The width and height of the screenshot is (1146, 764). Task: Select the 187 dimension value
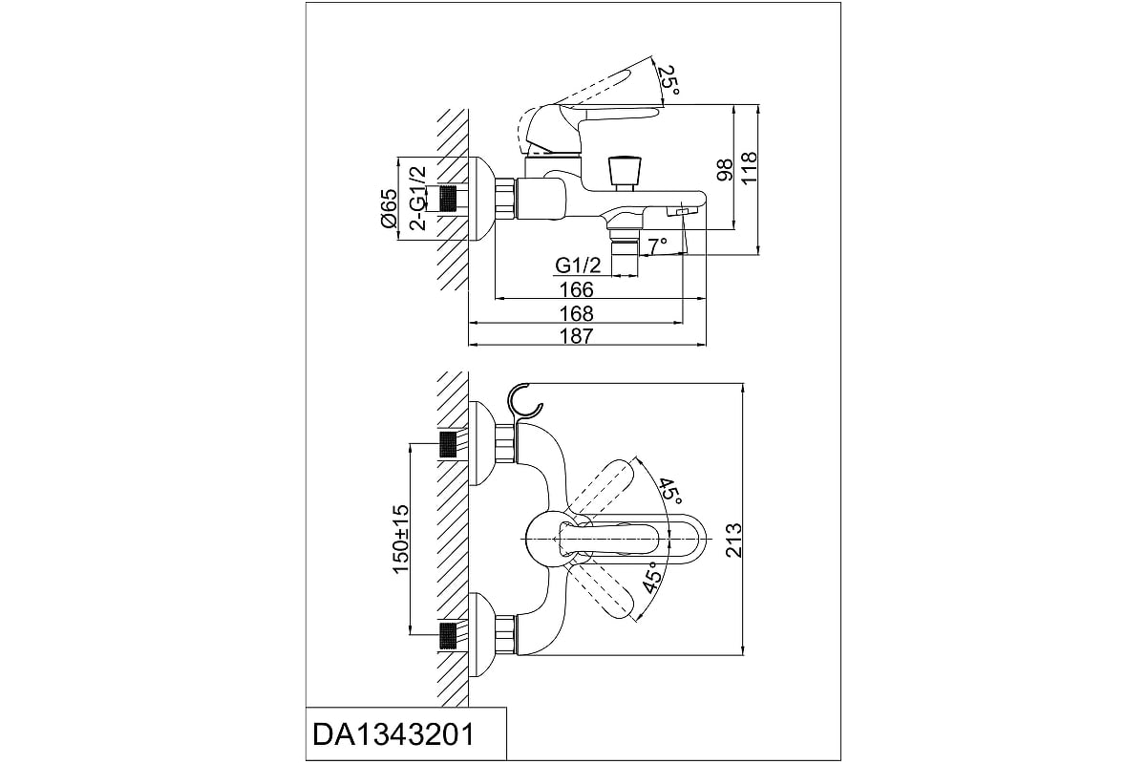[578, 336]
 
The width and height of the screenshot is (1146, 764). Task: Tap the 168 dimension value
[578, 313]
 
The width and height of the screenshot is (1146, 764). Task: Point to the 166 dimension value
[576, 289]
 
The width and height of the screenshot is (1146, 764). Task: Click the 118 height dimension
[749, 167]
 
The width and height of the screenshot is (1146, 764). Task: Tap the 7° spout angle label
[656, 246]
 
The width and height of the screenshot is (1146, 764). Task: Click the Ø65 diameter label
[388, 208]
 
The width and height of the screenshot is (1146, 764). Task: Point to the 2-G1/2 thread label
[417, 199]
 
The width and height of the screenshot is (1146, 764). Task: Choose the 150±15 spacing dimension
[401, 541]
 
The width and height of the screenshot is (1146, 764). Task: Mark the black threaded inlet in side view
[446, 200]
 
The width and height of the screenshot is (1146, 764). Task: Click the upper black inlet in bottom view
[447, 446]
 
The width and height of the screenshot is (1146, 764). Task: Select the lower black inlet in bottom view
[447, 633]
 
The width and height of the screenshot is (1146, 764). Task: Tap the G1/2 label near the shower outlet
[578, 265]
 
